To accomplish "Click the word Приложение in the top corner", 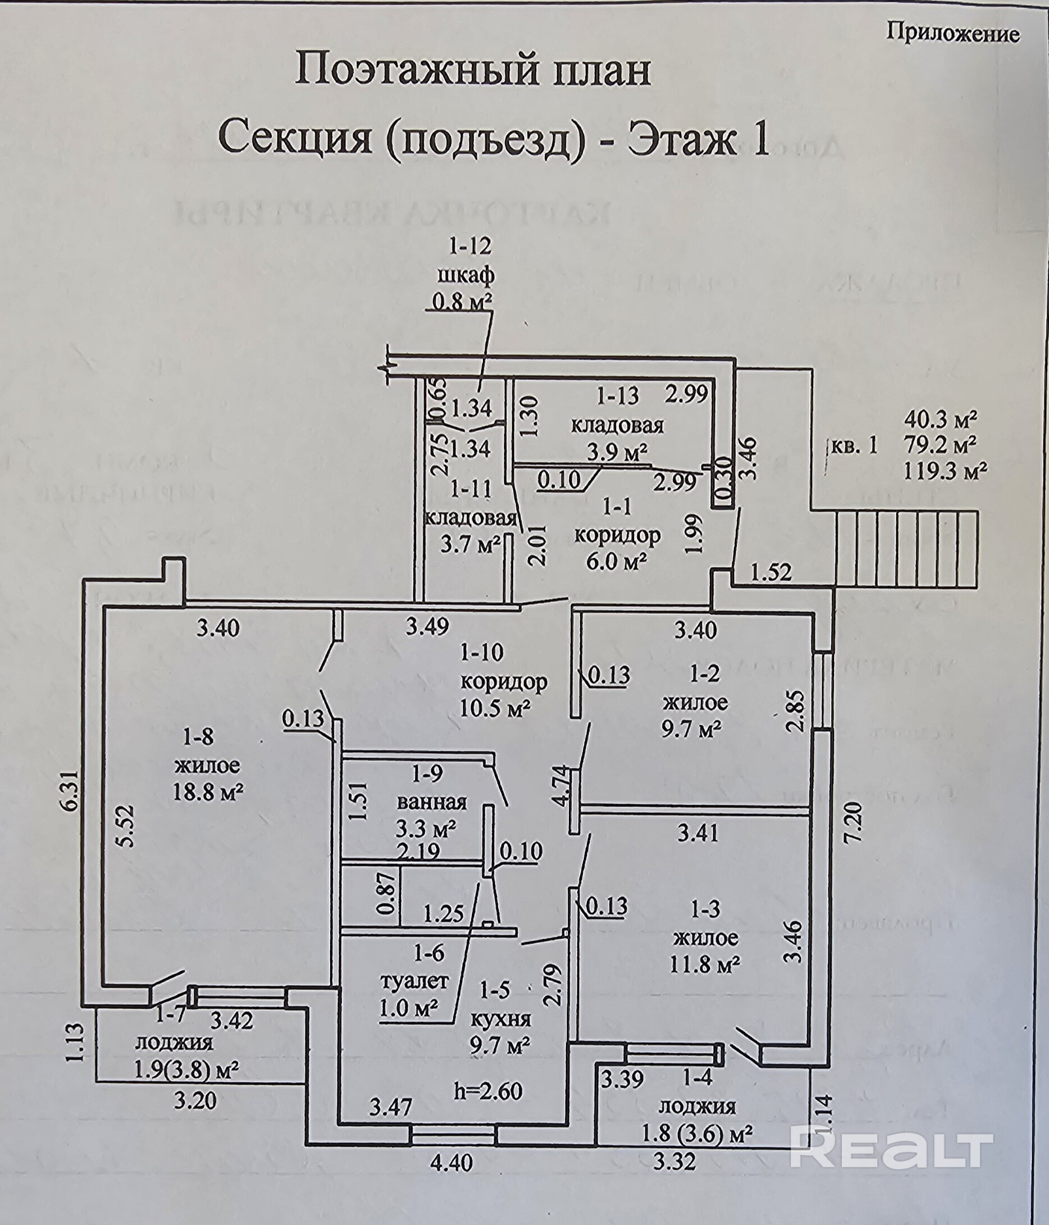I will point(952,33).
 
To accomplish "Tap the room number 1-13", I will point(618,396).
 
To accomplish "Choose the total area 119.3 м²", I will point(946,471).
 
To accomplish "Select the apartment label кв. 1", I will point(855,446).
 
